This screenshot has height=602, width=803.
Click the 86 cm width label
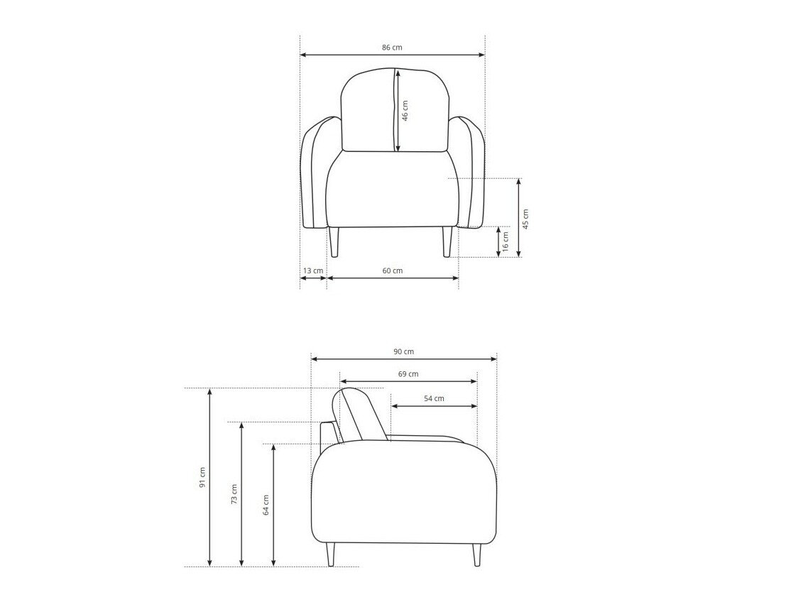point(393,48)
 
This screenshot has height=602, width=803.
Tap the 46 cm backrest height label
point(405,110)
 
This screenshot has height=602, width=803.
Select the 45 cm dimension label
point(526,219)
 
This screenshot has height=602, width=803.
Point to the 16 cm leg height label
point(506,241)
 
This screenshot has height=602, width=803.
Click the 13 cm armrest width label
point(313,270)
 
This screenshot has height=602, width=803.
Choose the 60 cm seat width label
point(393,270)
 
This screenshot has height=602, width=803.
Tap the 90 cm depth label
point(403,351)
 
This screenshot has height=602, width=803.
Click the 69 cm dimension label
point(408,373)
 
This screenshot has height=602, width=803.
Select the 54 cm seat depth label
point(434,398)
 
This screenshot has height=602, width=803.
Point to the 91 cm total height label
point(202,477)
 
